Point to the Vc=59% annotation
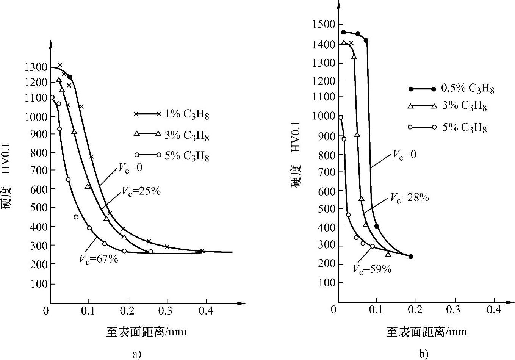372,269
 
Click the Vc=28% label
410,198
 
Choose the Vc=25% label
141,191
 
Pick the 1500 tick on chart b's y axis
324,25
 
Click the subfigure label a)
137,354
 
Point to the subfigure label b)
424,354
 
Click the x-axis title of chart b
427,332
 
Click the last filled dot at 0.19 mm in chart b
410,257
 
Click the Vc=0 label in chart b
404,154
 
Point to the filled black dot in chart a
70,77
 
